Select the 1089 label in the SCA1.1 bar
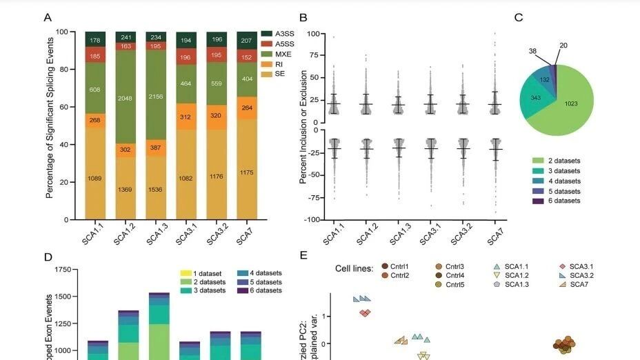tap(96, 179)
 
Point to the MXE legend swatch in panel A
tap(267, 53)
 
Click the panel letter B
tap(303, 17)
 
